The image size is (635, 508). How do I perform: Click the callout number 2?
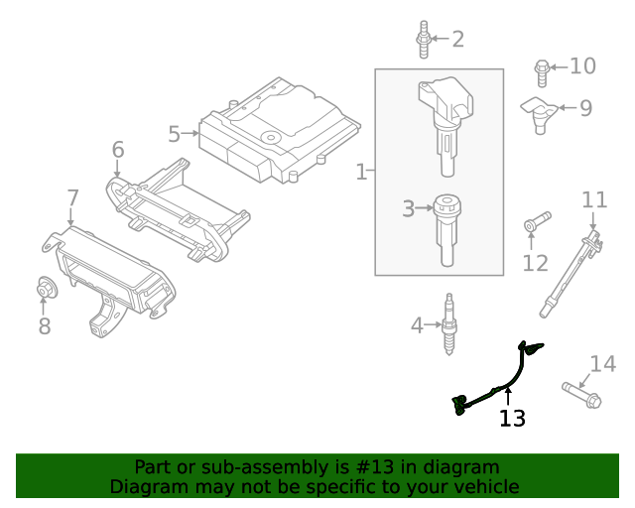click(x=457, y=40)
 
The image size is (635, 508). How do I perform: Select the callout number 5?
click(x=174, y=133)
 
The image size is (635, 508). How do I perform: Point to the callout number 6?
click(x=118, y=150)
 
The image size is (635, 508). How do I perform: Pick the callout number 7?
click(x=72, y=197)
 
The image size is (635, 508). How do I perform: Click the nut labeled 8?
click(x=45, y=288)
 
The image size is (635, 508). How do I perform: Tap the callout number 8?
click(x=45, y=326)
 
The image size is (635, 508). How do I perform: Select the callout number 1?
click(x=361, y=173)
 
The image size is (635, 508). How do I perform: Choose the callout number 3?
click(x=408, y=208)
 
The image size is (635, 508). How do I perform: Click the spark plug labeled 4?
click(x=448, y=323)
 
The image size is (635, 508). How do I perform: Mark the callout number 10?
click(x=582, y=66)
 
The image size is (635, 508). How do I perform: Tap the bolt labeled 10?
click(x=542, y=69)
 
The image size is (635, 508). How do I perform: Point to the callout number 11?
click(x=594, y=199)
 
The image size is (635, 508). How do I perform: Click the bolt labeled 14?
click(x=580, y=394)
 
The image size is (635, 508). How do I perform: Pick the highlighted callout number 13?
click(x=512, y=418)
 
